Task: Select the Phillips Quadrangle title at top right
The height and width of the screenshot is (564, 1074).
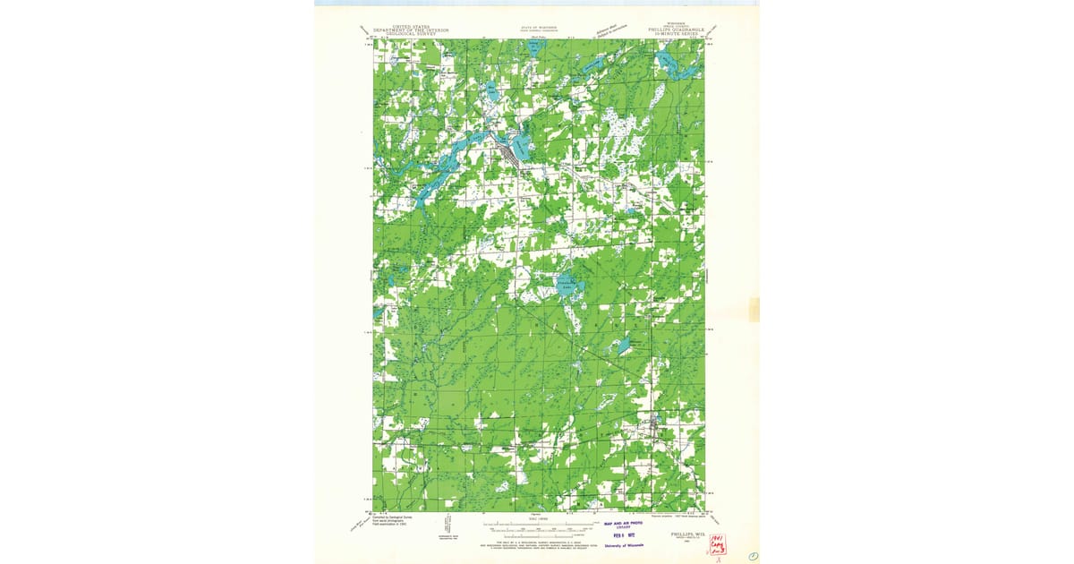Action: pos(677,30)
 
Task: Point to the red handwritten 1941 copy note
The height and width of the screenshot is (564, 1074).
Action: pos(717,544)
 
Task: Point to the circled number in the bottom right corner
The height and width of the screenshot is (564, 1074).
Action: pos(754,556)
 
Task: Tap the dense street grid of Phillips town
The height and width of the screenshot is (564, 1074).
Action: pos(507,155)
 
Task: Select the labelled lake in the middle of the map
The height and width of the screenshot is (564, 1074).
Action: pos(566,286)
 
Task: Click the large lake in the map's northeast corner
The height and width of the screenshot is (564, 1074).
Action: pos(667,60)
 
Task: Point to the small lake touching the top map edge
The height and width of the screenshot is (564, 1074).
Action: pos(534,47)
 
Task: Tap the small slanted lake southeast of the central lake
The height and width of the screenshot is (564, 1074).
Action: pos(620,345)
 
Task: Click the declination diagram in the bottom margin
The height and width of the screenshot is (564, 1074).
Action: pos(445,528)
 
